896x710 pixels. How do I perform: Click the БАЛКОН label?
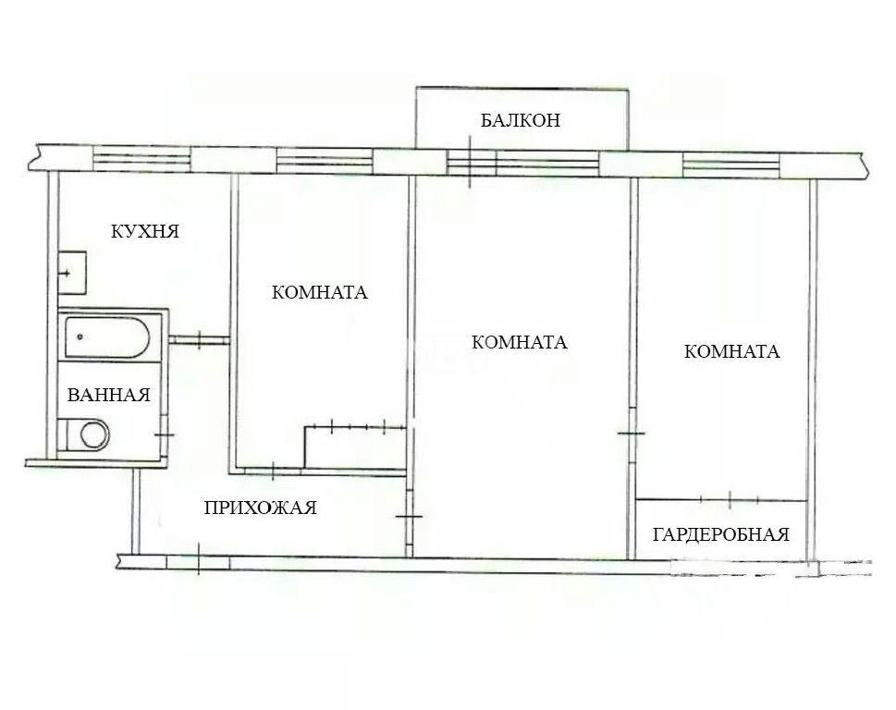[520, 120]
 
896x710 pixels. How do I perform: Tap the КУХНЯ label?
[144, 231]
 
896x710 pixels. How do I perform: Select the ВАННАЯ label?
[108, 395]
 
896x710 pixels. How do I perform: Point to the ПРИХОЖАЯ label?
[260, 508]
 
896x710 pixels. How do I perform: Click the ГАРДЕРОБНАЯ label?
[720, 534]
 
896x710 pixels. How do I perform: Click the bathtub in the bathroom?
[107, 337]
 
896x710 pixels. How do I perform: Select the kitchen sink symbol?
[72, 273]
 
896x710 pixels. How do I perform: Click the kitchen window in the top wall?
[141, 159]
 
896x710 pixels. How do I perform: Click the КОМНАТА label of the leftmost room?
[319, 292]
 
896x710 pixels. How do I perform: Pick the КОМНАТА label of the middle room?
[520, 342]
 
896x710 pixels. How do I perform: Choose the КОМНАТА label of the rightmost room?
[732, 351]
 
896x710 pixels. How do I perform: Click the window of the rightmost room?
[731, 165]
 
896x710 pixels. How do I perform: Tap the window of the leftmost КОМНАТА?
[325, 161]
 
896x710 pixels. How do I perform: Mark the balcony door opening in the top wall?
[471, 162]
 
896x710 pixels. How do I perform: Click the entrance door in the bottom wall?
[198, 562]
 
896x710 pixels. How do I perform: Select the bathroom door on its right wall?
[164, 435]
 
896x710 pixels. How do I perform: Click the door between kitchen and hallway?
[199, 340]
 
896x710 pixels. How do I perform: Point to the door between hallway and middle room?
[409, 517]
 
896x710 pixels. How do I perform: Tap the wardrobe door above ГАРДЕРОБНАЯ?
[730, 499]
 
